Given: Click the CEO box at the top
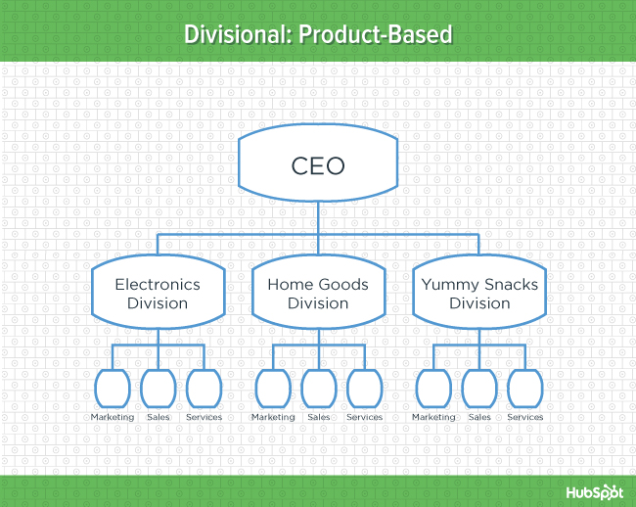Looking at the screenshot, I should pyautogui.click(x=318, y=165).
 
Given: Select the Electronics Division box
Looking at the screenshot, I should pyautogui.click(x=158, y=294).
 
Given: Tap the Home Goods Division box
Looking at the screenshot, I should pyautogui.click(x=318, y=294).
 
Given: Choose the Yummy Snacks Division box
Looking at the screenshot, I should pyautogui.click(x=479, y=294).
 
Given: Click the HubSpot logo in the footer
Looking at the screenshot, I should pyautogui.click(x=593, y=491).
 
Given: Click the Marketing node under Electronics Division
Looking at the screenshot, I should pyautogui.click(x=113, y=388).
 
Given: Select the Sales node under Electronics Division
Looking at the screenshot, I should pyautogui.click(x=158, y=388).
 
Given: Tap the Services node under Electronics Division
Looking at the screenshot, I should pyautogui.click(x=204, y=388).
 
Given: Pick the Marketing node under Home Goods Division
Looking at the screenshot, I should pyautogui.click(x=273, y=388).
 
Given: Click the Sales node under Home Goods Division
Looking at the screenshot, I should pyautogui.click(x=318, y=388).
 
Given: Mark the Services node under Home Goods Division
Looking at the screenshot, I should pyautogui.click(x=364, y=388).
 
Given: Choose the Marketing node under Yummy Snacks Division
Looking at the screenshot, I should pyautogui.click(x=433, y=388).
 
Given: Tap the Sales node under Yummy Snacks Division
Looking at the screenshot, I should pyautogui.click(x=479, y=388).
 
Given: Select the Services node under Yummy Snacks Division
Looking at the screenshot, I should pyautogui.click(x=524, y=388).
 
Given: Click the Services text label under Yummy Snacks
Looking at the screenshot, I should pyautogui.click(x=524, y=418).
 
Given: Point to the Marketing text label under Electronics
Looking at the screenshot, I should pyautogui.click(x=113, y=418).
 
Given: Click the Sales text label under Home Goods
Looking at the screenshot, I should pyautogui.click(x=318, y=418).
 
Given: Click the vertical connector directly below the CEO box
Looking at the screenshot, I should pyautogui.click(x=318, y=216).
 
